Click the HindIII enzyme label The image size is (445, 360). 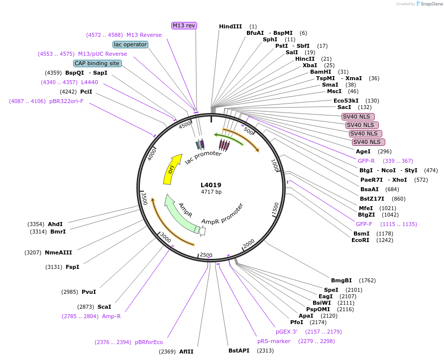coord(230,26)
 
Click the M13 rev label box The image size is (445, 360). coord(184,25)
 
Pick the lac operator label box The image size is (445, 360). coord(130,44)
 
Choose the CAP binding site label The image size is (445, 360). coord(97,63)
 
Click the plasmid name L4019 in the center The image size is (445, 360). coord(211,185)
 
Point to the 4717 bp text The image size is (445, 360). coord(211,192)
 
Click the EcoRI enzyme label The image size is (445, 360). coord(360,240)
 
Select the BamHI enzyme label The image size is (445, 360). coord(320,72)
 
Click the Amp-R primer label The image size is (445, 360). coord(111,316)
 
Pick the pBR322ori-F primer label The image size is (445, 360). coord(66,101)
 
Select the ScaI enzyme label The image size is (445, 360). coord(105,307)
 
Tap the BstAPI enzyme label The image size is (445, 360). coord(239,351)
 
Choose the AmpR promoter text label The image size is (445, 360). coord(222,214)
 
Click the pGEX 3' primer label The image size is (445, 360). coord(287,331)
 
